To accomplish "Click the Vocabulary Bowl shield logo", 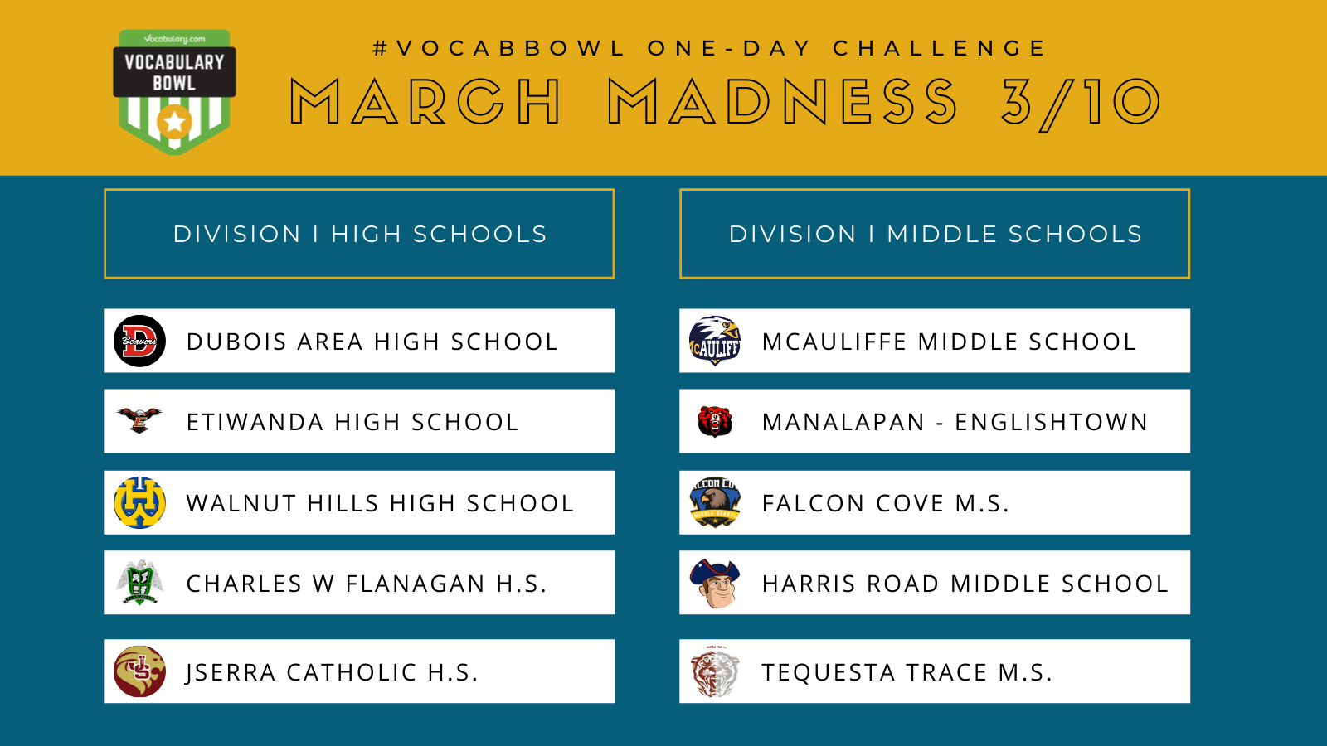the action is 174,92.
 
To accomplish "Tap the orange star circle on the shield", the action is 175,122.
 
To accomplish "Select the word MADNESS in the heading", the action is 783,102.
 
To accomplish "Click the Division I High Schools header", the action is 359,233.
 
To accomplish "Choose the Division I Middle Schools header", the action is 934,233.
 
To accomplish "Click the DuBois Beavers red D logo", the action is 139,341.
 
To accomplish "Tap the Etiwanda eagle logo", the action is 139,420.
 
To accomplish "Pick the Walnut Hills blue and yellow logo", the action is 139,502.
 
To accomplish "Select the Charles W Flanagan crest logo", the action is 139,583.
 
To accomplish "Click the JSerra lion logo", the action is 139,671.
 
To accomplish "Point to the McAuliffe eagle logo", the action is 715,341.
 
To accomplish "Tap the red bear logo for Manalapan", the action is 715,422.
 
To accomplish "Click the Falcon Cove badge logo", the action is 715,502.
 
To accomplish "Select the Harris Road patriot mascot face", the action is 715,584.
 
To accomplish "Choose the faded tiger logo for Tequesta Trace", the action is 715,671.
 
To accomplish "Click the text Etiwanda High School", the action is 352,422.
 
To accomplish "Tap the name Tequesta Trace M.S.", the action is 907,672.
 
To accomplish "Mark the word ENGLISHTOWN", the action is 1052,422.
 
